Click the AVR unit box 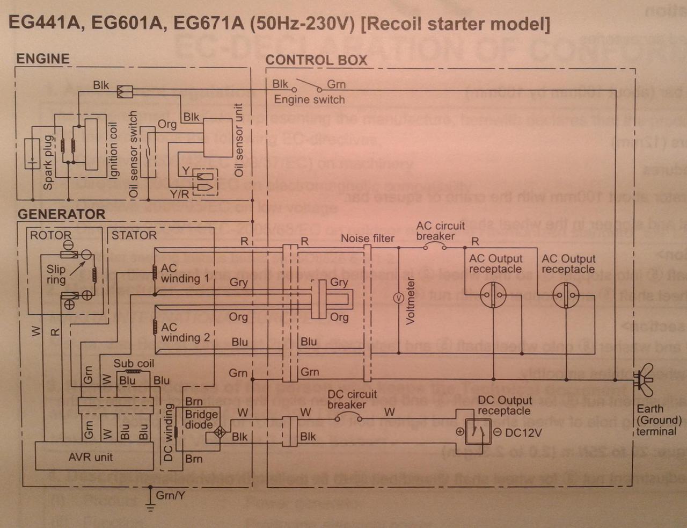90,457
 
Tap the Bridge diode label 201,419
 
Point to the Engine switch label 309,99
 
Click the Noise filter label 368,238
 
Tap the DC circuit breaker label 352,399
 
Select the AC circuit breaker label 440,231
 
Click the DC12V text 524,432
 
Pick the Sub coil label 134,363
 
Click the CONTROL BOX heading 316,60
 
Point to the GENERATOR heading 61,214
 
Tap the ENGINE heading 43,59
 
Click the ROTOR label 50,235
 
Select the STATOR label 134,235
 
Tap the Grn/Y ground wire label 170,495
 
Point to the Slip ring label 56,274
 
